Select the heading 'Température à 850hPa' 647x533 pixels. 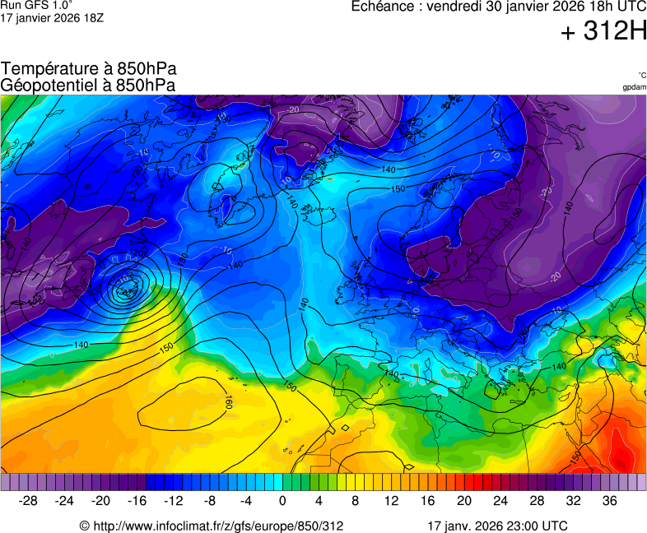(x=89, y=69)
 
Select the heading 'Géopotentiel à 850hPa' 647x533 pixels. (x=88, y=85)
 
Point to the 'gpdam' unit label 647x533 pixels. (x=634, y=86)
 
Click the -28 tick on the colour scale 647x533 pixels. (x=29, y=501)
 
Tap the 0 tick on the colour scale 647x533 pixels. (x=282, y=501)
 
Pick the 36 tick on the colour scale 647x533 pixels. (x=609, y=501)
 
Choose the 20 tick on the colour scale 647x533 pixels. (x=464, y=501)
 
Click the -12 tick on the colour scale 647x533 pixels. (x=174, y=501)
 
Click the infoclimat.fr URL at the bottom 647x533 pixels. (x=211, y=526)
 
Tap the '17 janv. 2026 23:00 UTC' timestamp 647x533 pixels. (x=497, y=526)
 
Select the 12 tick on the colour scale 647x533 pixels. (x=391, y=501)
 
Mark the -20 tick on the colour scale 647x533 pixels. (x=101, y=501)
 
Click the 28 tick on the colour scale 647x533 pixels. (x=537, y=501)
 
